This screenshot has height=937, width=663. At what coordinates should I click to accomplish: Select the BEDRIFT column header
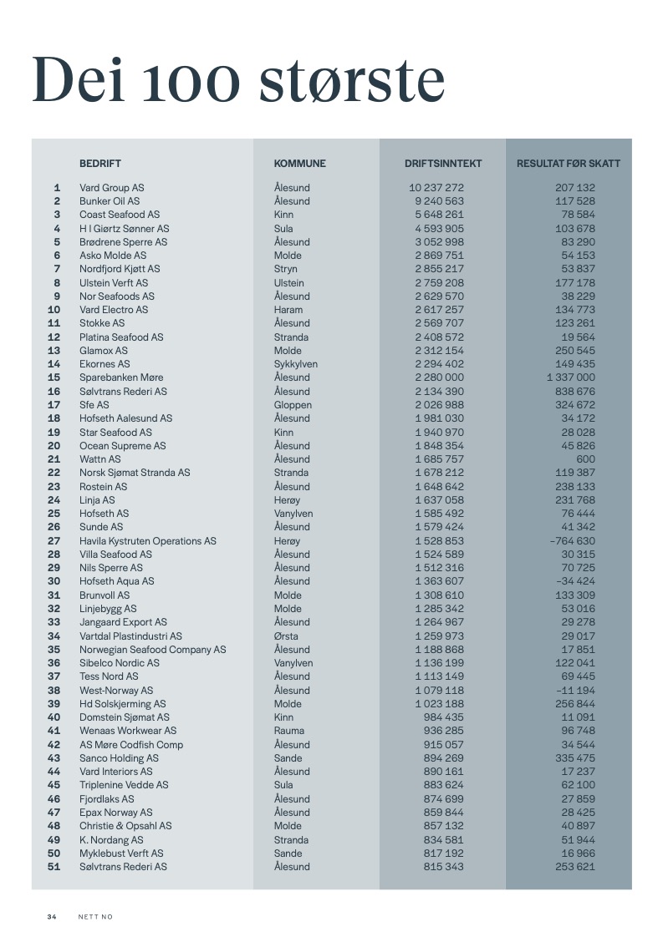point(100,164)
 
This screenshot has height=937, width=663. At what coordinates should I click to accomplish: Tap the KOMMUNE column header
point(300,164)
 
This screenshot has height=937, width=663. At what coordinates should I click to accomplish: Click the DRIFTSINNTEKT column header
point(443,164)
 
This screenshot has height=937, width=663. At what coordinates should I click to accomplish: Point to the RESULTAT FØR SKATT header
point(569,164)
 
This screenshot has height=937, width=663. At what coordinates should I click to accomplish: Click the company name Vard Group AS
point(112,188)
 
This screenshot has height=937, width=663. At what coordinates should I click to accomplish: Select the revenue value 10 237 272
point(436,188)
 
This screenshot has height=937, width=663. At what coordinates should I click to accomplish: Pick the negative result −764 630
point(572,541)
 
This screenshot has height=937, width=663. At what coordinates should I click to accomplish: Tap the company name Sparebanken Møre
point(121,377)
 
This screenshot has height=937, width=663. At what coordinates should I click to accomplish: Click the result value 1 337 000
point(570,377)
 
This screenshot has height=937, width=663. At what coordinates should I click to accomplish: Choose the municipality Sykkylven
point(296,364)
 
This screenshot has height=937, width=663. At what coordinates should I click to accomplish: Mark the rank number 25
point(54,514)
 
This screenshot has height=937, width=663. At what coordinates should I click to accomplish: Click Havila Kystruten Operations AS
point(148,541)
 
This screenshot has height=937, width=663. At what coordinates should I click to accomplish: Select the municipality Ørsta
point(287,636)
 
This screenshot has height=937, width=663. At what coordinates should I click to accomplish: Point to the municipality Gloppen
point(293,405)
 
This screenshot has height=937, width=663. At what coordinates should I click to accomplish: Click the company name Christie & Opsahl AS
point(125,826)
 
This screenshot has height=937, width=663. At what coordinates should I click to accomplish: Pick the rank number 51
point(54,867)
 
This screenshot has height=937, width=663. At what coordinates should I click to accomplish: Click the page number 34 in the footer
point(52,917)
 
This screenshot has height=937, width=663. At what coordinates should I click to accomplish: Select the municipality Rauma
point(288,731)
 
